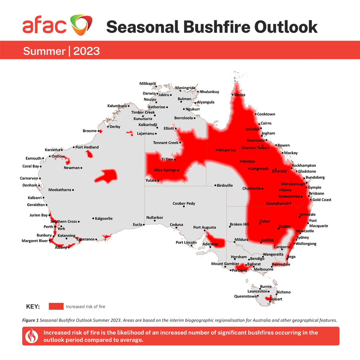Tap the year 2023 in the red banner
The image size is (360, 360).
tap(86, 51)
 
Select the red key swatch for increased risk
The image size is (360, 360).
tap(56, 306)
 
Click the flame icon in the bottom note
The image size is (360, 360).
tap(31, 336)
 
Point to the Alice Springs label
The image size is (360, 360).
tap(165, 170)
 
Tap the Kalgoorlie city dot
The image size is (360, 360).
tap(93, 218)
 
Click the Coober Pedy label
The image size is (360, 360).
tap(184, 203)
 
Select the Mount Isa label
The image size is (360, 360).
tap(226, 150)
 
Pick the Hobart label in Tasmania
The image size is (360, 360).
tap(276, 299)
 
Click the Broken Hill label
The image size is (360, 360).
tap(239, 224)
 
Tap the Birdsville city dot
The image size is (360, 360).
tap(215, 185)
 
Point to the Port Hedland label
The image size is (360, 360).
tap(87, 147)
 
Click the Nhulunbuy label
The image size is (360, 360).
tap(209, 92)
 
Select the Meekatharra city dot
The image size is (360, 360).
tap(73, 190)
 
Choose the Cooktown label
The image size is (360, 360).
tap(266, 114)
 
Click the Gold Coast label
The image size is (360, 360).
tap(322, 200)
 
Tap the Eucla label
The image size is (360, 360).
tap(137, 224)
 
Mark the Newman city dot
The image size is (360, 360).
tap(81, 168)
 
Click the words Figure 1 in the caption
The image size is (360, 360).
tap(30, 320)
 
